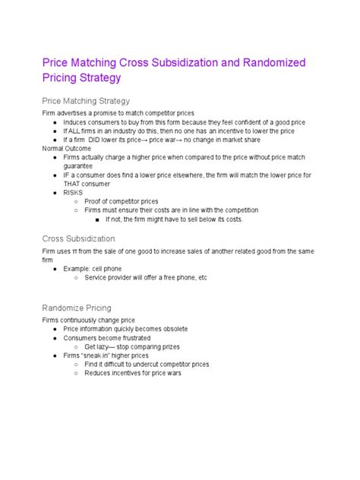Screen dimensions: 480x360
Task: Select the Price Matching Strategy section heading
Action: click(86, 101)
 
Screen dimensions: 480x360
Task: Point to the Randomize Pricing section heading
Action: click(77, 308)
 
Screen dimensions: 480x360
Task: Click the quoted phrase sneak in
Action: click(103, 355)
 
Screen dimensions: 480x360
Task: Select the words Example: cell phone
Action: click(96, 269)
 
